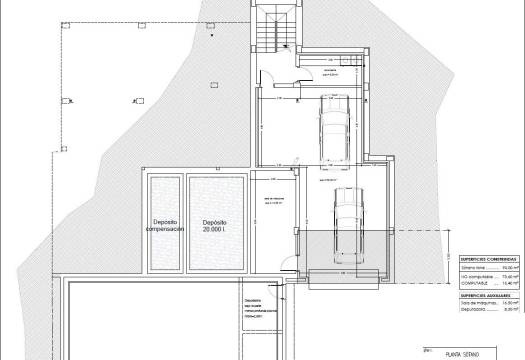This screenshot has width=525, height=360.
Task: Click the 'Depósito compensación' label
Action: coord(165,224)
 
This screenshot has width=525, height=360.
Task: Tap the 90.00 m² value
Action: coord(507,268)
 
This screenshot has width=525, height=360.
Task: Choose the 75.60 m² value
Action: coord(507,276)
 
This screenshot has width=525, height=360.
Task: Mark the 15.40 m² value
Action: coord(507,284)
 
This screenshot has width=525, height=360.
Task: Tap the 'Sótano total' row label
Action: coord(471,268)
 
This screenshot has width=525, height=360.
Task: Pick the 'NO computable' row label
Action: coord(472,276)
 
